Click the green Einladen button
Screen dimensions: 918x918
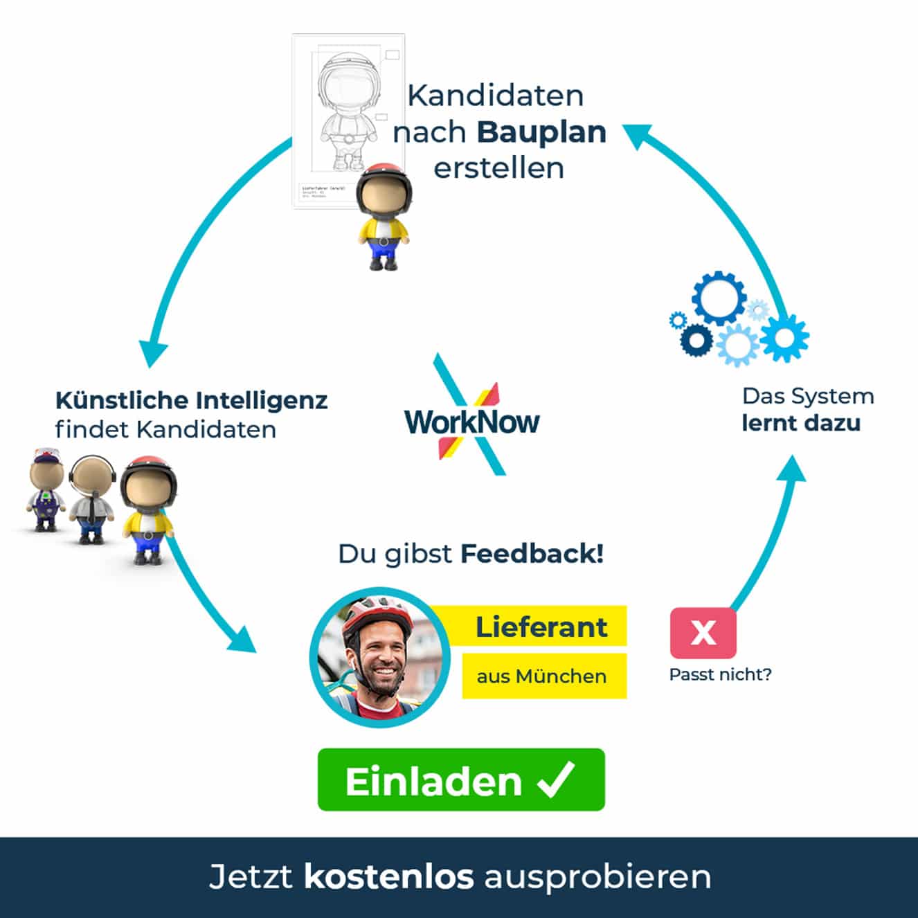(460, 780)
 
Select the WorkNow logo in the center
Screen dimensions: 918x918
(471, 420)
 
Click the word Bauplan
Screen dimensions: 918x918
(541, 132)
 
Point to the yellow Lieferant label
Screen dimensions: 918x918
(541, 627)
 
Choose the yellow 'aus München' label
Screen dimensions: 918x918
(542, 676)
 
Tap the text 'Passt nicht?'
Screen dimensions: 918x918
(720, 674)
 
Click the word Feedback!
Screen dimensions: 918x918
(532, 553)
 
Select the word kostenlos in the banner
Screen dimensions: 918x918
(388, 876)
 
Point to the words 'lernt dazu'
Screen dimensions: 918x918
(801, 423)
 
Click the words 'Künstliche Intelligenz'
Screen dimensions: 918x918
(191, 400)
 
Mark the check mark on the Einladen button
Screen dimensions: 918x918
(557, 780)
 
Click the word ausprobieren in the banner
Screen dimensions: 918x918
(597, 876)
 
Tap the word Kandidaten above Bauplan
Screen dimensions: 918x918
(496, 96)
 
